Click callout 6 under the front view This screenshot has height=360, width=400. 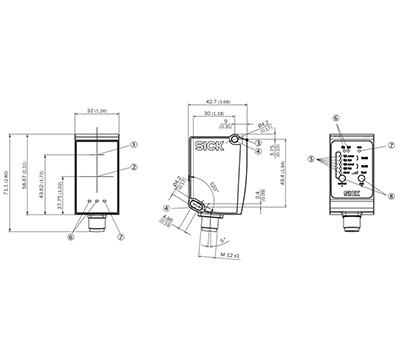71,236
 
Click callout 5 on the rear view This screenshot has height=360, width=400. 311,158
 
